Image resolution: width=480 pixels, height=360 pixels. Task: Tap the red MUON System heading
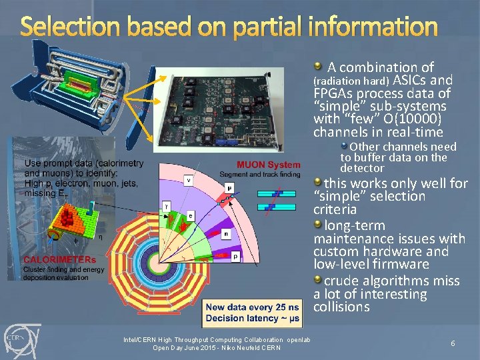tap(269, 165)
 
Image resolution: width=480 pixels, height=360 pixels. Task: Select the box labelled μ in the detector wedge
tap(230, 188)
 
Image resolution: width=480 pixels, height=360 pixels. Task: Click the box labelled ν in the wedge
tap(189, 179)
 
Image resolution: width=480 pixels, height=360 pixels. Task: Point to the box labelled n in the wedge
tap(227, 234)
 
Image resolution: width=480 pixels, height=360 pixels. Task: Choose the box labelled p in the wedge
tap(236, 255)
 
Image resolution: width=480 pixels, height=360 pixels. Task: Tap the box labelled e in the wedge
tap(190, 215)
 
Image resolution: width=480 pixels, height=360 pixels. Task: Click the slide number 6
tap(453, 343)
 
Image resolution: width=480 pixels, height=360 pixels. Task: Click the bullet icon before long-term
tap(318, 224)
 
